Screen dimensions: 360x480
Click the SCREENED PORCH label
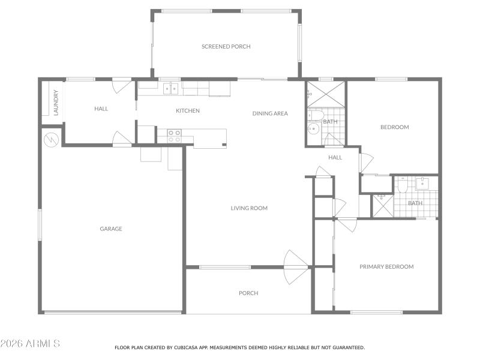tap(226, 46)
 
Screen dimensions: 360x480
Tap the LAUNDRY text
tap(56, 103)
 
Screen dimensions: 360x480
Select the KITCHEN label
tap(188, 110)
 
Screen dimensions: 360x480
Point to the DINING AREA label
tap(270, 113)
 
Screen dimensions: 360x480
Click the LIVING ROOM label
tap(249, 208)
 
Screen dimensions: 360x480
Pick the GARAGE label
tap(111, 229)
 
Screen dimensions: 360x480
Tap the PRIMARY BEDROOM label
tap(386, 266)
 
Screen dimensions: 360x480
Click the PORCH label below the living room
tap(248, 293)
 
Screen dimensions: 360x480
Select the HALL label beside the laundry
tap(101, 109)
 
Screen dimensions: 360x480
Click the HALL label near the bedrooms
tap(335, 157)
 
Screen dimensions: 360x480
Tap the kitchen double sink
tap(171, 89)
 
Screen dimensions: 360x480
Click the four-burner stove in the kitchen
tap(174, 136)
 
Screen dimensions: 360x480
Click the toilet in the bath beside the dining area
tap(317, 115)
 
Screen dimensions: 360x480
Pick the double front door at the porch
tap(296, 266)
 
